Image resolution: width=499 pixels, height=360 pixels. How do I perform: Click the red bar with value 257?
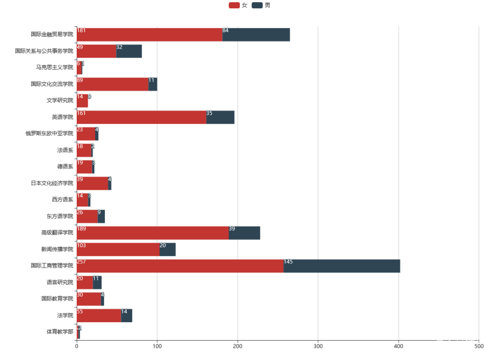tap(180, 266)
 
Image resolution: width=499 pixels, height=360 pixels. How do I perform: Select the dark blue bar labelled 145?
tap(342, 266)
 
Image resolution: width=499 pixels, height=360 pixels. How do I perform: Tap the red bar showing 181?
tap(149, 35)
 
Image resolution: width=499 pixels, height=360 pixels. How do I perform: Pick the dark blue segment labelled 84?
tap(256, 35)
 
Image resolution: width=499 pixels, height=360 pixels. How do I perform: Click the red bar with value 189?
tap(152, 233)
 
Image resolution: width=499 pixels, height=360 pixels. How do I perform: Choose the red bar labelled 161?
tap(141, 117)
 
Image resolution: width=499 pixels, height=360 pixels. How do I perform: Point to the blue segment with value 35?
tap(220, 117)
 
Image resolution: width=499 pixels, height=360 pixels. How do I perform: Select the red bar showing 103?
tap(118, 250)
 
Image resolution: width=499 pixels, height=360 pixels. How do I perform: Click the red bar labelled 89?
tap(112, 84)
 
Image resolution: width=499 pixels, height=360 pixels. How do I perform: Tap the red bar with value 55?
tap(98, 316)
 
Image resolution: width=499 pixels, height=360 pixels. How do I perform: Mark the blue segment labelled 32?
tap(129, 51)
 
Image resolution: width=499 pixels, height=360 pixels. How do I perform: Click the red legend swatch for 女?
tap(234, 6)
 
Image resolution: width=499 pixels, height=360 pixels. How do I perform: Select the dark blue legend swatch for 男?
tap(257, 6)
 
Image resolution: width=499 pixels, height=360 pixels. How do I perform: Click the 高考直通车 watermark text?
tap(460, 342)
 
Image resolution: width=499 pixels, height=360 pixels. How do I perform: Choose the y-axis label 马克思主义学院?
tap(55, 67)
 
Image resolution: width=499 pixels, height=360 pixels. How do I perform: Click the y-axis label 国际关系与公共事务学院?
tap(44, 51)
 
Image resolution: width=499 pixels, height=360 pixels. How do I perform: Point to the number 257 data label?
tap(81, 262)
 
